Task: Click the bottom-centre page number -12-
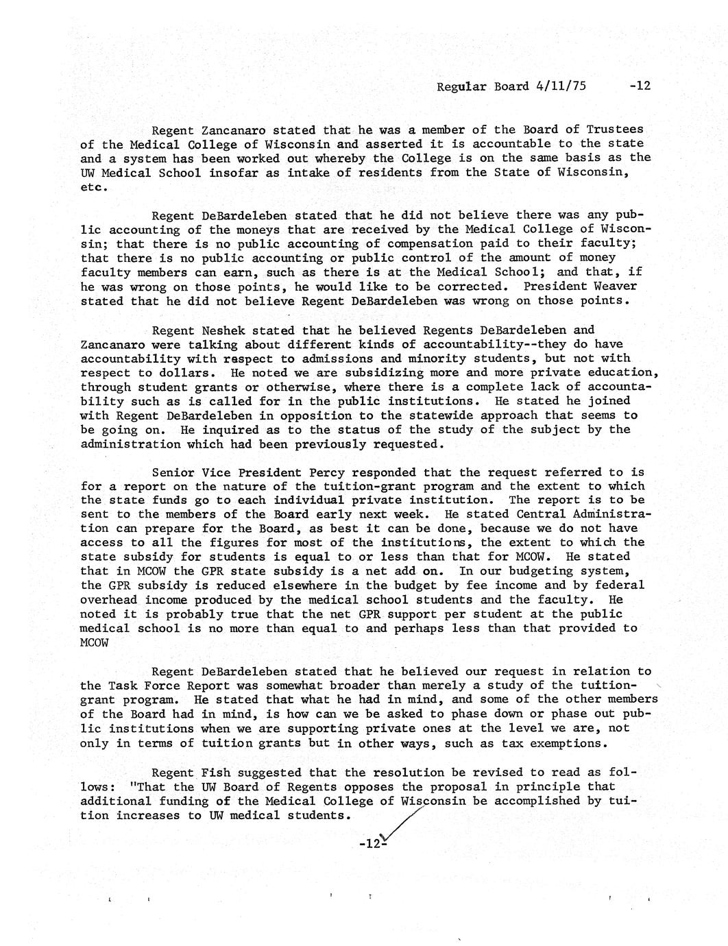coord(372,844)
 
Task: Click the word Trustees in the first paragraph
coord(616,130)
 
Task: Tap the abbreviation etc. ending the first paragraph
coord(95,187)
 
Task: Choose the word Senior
coord(173,472)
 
